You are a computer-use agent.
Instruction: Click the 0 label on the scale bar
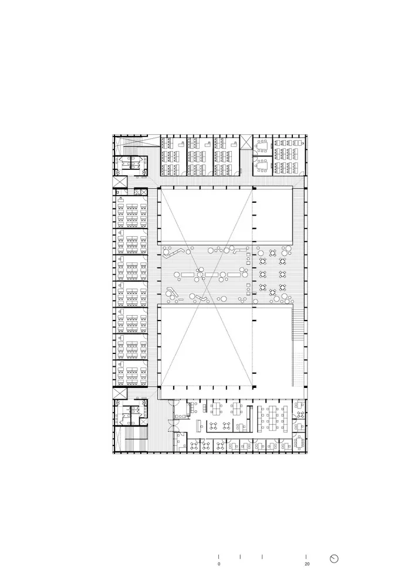[219, 564]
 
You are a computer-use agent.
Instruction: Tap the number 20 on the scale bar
[307, 564]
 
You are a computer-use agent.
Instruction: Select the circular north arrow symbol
[335, 558]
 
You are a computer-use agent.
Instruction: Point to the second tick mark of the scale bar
[240, 556]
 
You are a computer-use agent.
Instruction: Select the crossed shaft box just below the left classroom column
[120, 395]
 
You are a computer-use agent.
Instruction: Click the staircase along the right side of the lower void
[298, 326]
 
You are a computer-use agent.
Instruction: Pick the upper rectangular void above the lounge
[226, 216]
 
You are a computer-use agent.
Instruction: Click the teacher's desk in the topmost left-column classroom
[120, 199]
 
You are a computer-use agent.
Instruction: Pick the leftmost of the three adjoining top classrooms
[173, 155]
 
